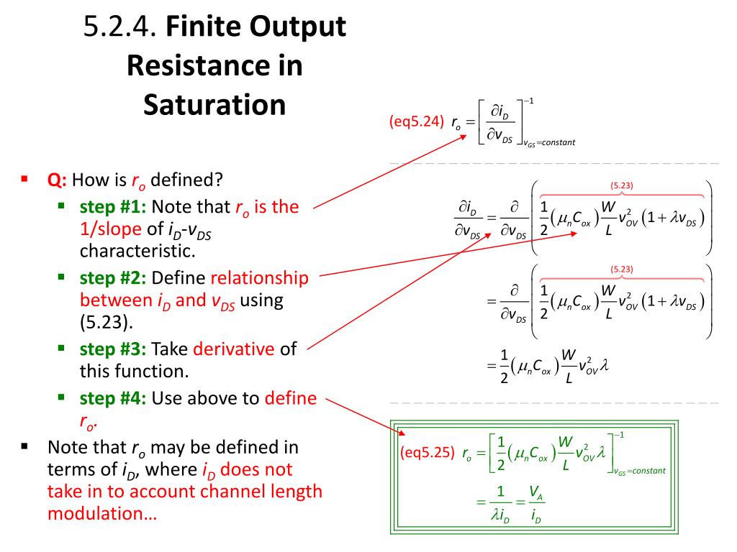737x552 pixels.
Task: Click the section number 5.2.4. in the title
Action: tap(119, 28)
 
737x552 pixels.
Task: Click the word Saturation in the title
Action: tap(214, 105)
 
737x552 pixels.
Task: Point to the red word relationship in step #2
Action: tap(259, 278)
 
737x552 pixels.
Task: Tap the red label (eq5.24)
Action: tap(416, 121)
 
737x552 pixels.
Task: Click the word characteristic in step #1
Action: tap(137, 252)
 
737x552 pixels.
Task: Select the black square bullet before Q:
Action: tap(25, 179)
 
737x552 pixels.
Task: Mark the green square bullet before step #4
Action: tap(63, 397)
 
